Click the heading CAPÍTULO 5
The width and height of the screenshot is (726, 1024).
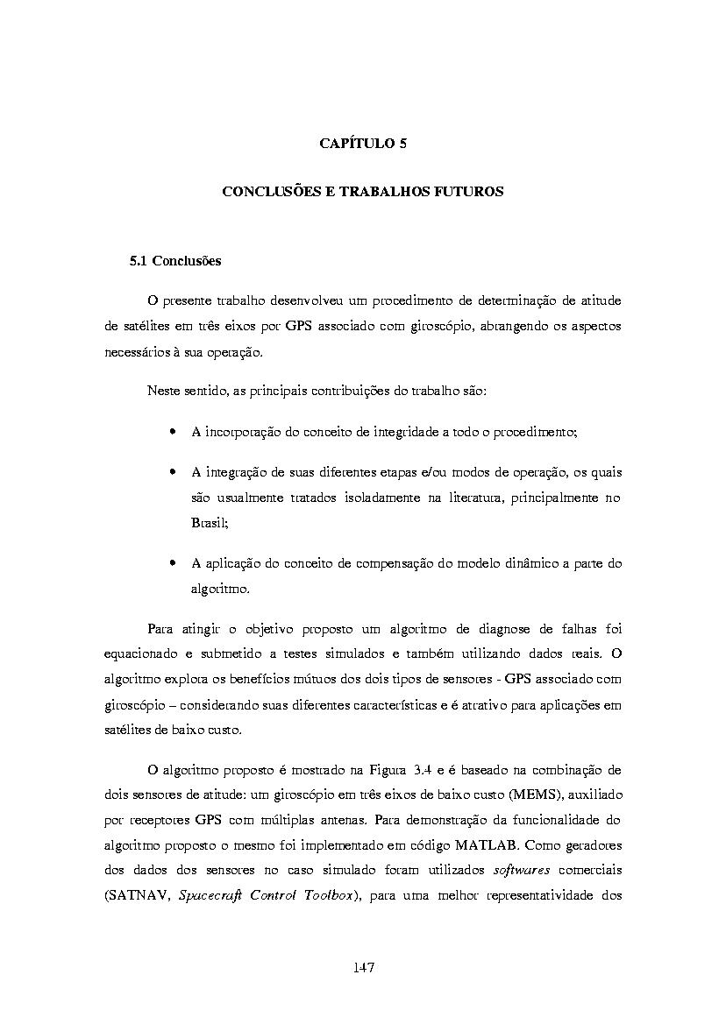coord(362,144)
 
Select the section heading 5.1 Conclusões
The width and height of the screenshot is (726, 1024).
coord(174,261)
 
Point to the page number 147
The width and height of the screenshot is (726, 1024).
coord(363,967)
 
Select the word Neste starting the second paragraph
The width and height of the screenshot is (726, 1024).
coord(165,391)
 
